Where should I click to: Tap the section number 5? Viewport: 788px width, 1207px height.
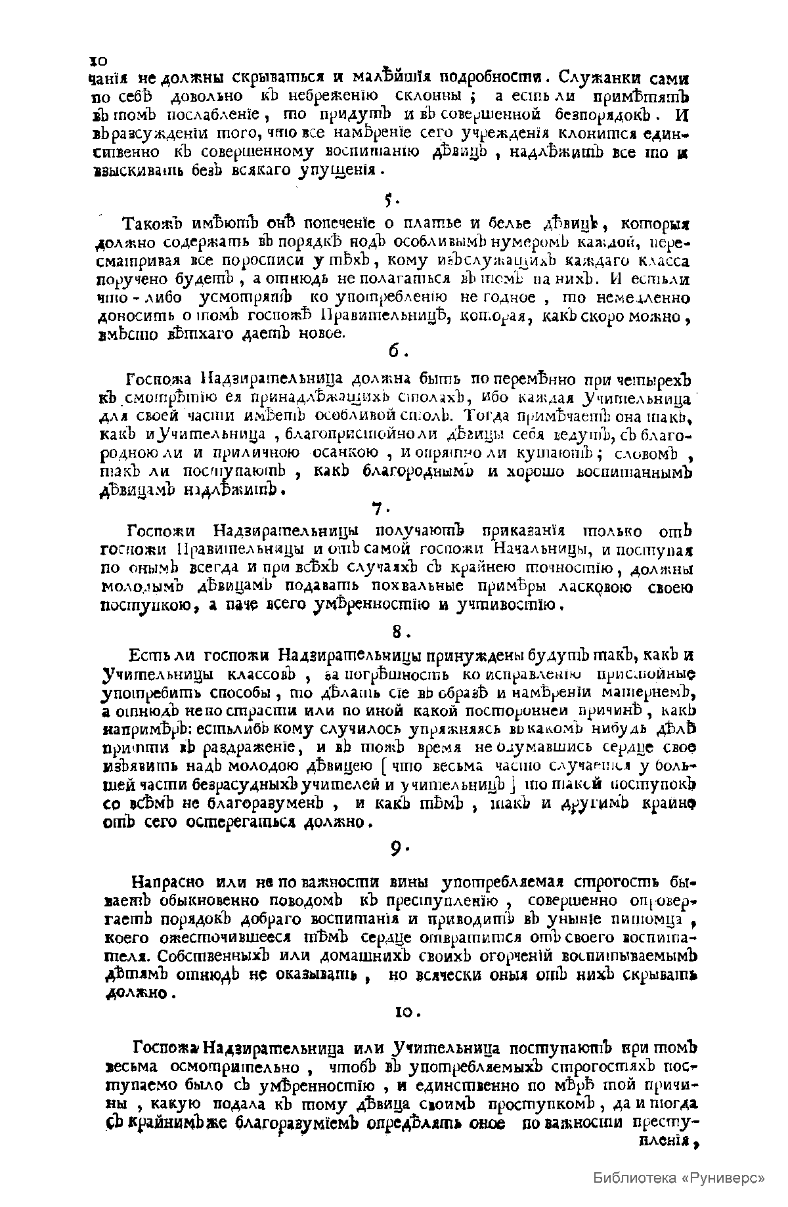click(389, 199)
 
